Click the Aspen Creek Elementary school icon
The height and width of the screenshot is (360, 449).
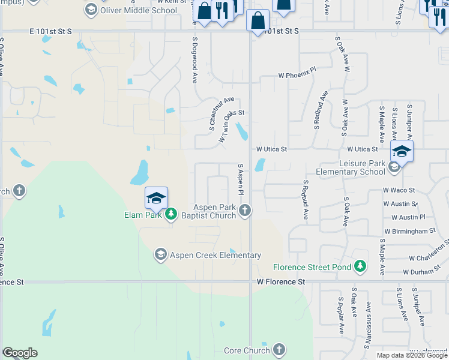[x=160, y=255]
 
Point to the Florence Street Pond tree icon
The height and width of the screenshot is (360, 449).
[x=360, y=266]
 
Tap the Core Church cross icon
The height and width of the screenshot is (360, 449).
[x=279, y=350]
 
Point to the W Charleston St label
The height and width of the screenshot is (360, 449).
[x=429, y=253]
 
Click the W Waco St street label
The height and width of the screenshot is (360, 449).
[x=399, y=190]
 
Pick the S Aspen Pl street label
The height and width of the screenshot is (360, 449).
[x=240, y=179]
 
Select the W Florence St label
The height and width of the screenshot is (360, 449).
[x=281, y=281]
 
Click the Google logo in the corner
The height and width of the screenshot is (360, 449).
[x=20, y=353]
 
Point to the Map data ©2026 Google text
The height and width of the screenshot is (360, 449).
[x=411, y=355]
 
